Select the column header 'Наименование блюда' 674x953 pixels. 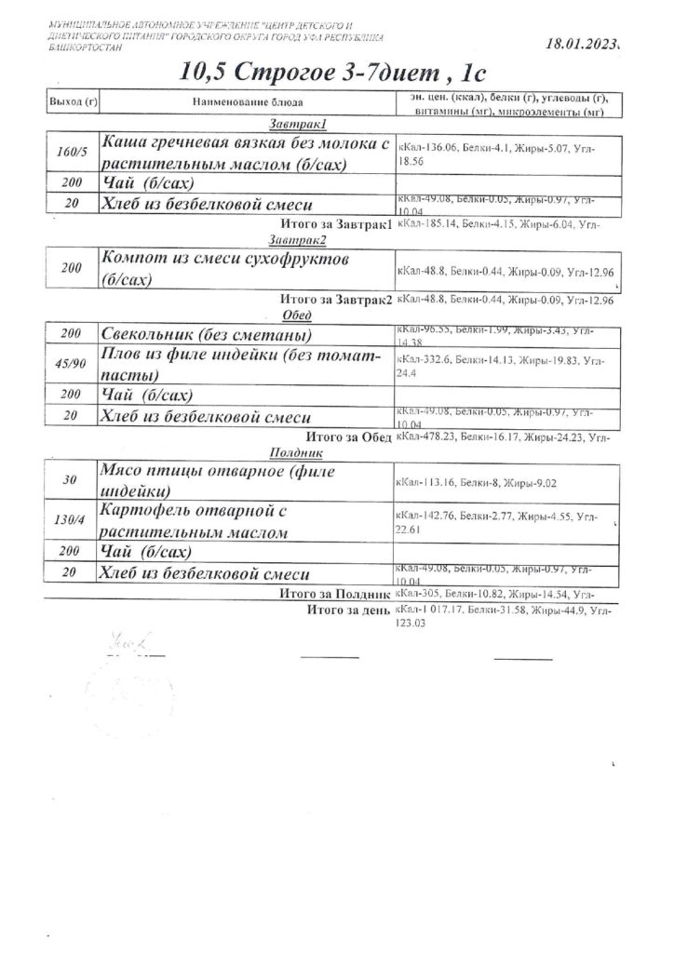(248, 101)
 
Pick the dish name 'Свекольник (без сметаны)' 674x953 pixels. (206, 334)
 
